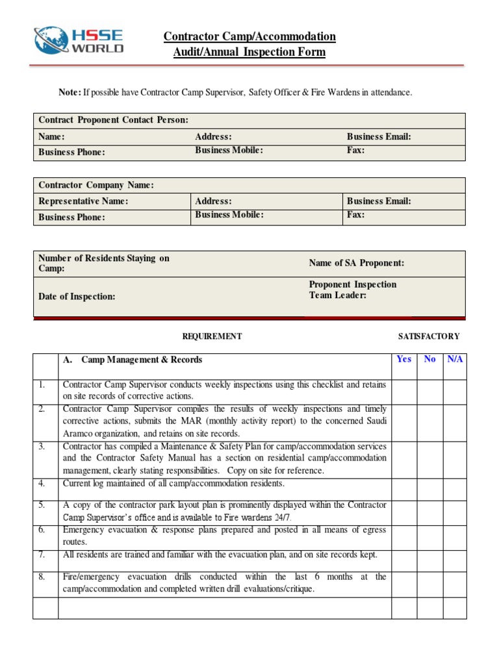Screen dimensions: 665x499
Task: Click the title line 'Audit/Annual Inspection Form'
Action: tap(249, 52)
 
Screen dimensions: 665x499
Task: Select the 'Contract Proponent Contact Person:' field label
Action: tap(114, 120)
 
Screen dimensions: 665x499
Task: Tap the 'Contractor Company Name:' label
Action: tap(96, 185)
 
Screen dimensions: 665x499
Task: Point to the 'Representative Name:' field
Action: tap(83, 201)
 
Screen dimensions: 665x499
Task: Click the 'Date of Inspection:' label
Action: tap(77, 296)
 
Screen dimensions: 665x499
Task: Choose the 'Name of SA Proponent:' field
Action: tap(357, 263)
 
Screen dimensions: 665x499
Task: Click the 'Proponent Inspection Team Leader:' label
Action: tap(352, 290)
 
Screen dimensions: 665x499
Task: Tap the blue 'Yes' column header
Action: tap(403, 359)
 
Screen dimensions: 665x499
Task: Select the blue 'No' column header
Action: tap(429, 359)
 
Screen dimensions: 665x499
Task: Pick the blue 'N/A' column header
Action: tap(455, 359)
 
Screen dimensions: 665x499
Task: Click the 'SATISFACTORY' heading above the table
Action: tap(428, 336)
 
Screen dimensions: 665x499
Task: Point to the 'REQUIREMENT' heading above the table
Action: tap(212, 336)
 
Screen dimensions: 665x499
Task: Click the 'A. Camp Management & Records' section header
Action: tap(133, 360)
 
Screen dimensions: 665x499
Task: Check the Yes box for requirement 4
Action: tap(403, 489)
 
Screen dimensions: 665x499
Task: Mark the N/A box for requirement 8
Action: tap(455, 584)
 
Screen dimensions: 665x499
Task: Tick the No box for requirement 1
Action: tap(429, 391)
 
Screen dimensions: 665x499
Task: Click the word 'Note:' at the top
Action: tap(70, 93)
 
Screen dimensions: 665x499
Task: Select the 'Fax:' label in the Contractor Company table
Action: tap(356, 215)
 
